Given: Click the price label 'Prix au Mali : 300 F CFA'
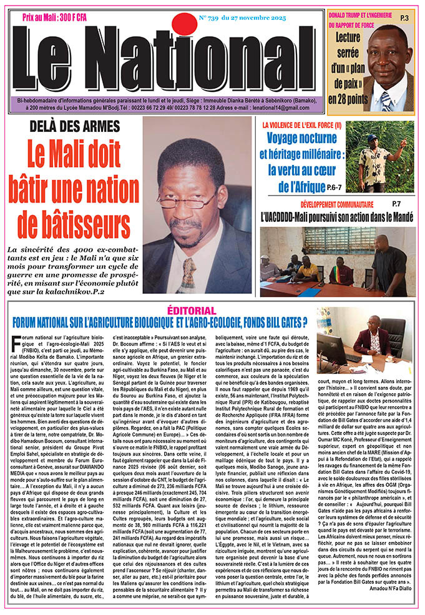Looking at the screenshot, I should [x=55, y=19].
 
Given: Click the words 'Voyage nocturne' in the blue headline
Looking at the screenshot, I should [x=304, y=139].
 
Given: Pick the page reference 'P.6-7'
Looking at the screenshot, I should [x=333, y=186].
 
